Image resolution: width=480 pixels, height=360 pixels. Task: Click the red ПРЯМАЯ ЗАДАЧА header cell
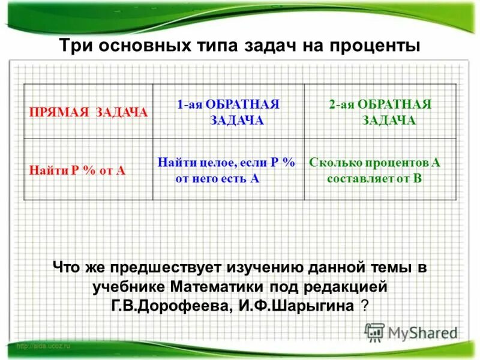89,112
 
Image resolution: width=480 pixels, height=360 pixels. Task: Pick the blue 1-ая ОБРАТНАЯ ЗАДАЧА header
229,112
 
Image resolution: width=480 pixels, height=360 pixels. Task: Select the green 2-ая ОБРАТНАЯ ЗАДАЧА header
380,112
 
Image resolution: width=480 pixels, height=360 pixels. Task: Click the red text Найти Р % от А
77,170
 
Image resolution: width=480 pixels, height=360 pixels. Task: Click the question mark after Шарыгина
365,305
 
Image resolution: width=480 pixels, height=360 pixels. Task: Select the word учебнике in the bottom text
128,286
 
